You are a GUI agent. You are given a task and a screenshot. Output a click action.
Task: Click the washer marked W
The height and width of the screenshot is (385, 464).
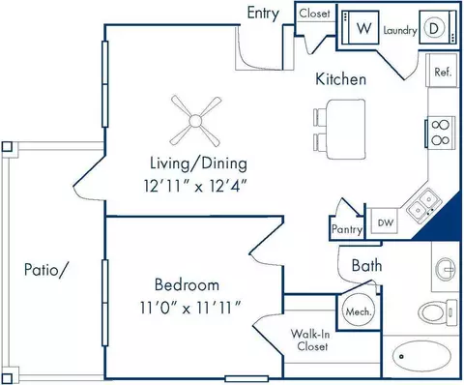tap(361, 27)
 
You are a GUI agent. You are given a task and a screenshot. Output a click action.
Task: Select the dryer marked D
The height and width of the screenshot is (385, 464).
tap(438, 27)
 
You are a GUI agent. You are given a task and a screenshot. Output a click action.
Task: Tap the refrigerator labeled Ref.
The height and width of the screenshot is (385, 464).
tap(442, 71)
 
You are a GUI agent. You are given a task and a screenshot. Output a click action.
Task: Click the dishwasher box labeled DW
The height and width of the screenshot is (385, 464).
tap(385, 222)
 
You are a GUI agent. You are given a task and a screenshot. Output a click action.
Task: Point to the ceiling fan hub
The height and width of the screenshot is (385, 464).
tap(195, 121)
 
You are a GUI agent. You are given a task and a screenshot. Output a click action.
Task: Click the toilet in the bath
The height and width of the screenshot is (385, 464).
tap(438, 311)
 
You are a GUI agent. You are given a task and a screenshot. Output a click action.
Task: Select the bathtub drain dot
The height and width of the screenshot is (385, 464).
tap(401, 356)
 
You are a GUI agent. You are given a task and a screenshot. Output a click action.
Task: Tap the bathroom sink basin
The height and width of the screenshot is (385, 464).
tap(446, 268)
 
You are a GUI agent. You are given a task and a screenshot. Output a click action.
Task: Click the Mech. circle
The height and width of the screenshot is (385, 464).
tap(359, 311)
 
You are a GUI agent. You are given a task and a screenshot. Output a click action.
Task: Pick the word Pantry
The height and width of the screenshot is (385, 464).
tap(347, 229)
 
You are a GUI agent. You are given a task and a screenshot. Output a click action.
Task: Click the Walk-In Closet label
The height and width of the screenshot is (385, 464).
tap(310, 340)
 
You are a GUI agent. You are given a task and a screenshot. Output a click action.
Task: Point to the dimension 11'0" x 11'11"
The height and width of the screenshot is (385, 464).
tap(190, 308)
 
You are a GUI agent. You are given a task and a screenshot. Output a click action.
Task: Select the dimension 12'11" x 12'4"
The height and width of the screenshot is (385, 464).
tap(195, 186)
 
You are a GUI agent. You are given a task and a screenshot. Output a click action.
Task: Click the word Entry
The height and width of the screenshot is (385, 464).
tap(263, 14)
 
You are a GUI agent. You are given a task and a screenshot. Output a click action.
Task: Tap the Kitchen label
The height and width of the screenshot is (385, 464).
tap(340, 79)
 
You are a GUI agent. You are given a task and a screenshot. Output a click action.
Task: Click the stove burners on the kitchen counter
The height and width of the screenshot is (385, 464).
tap(441, 133)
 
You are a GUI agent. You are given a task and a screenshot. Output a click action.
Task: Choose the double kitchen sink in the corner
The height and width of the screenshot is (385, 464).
tap(423, 204)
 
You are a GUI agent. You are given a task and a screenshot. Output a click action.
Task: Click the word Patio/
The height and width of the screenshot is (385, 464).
tap(46, 269)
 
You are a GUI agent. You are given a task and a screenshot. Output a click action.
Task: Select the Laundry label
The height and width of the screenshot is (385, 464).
tap(400, 31)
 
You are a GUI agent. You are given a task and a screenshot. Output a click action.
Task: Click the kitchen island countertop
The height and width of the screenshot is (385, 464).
tap(346, 129)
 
